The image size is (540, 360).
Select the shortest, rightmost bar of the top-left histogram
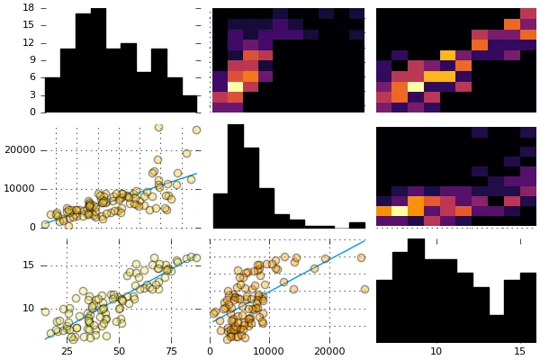pos(190,103)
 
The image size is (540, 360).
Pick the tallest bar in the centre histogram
pos(236,176)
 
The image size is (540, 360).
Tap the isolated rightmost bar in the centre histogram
pos(357,225)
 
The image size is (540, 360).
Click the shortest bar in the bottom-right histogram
pos(496,328)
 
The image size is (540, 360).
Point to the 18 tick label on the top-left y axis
pos(28,7)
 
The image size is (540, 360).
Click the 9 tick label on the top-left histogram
pos(31,59)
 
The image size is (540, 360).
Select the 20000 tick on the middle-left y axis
pos(18,150)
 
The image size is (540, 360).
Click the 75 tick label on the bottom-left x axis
pos(171,353)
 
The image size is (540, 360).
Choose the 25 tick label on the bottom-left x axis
pos(67,353)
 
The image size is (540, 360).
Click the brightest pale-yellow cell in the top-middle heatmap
pos(236,87)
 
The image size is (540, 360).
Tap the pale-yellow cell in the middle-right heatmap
pos(399,211)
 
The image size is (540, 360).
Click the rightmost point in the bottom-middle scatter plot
pos(364,289)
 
